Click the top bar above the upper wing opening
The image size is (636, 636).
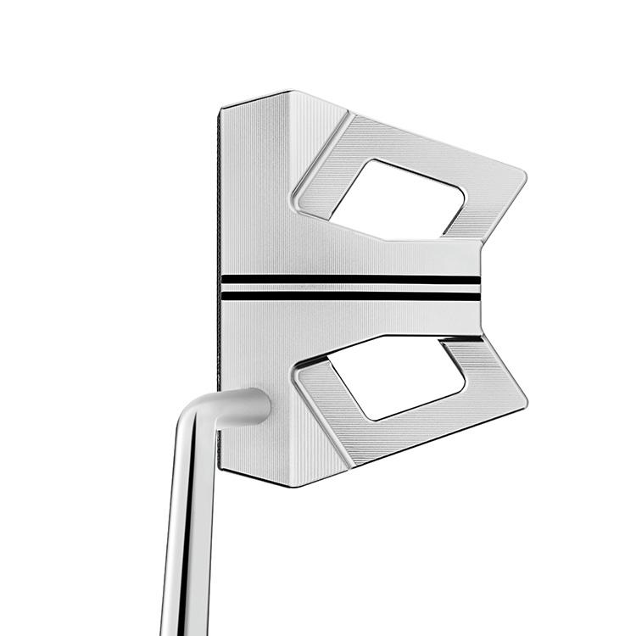click(424, 142)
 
